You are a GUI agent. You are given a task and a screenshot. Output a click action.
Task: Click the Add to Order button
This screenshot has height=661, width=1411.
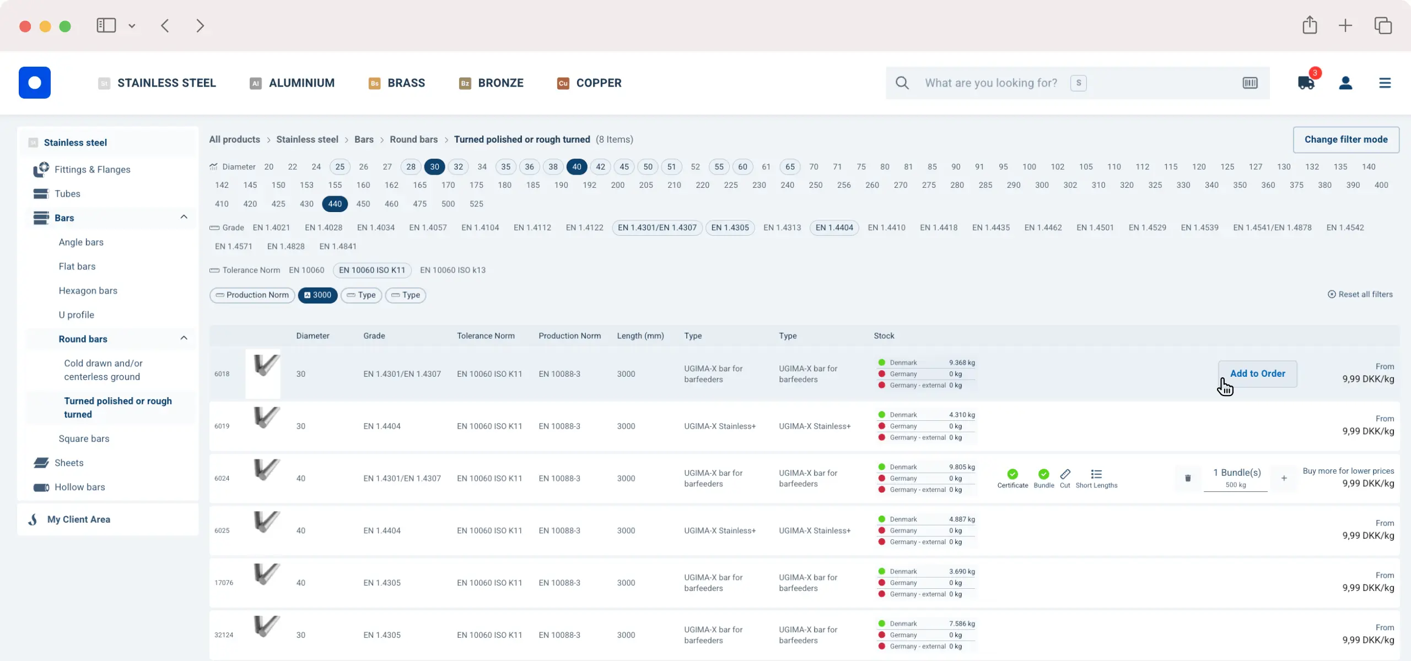(1257, 373)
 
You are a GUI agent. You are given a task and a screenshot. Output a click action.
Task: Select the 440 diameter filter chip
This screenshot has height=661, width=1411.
(335, 204)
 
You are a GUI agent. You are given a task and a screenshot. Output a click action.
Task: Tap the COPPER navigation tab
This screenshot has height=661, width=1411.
(589, 83)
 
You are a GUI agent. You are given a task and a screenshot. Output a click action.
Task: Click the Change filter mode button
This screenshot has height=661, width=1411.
(1345, 140)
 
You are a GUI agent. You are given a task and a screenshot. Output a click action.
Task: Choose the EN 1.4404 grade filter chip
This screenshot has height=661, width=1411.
(834, 227)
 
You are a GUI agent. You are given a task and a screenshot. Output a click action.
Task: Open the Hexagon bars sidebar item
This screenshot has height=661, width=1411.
(88, 290)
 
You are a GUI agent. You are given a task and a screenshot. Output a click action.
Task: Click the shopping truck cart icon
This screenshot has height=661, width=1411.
(1306, 83)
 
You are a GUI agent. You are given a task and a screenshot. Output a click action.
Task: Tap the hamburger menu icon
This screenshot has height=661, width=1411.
(1385, 83)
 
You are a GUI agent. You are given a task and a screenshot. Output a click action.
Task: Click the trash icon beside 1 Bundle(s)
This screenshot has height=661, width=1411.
(1188, 478)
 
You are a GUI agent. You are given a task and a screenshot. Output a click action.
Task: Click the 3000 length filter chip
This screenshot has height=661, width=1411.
(317, 295)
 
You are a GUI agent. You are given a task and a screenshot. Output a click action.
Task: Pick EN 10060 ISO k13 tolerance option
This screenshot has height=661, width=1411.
(453, 270)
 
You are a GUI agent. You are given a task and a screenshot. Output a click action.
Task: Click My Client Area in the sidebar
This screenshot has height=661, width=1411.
(79, 519)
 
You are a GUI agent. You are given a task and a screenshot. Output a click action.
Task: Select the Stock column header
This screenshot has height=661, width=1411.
(884, 336)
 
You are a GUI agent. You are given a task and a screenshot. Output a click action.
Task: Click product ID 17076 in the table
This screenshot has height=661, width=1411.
(224, 583)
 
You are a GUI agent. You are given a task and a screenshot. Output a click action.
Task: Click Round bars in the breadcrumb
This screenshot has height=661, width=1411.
(413, 140)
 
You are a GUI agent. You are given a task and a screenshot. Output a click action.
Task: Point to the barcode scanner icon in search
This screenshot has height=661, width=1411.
(1250, 83)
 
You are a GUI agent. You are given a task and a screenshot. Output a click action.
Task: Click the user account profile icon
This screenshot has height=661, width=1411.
(1345, 83)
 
